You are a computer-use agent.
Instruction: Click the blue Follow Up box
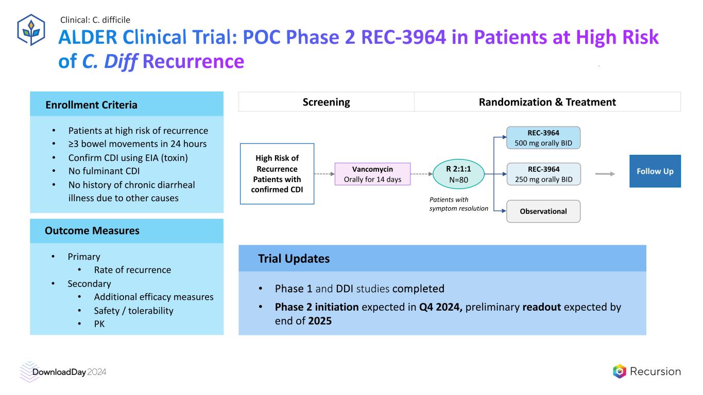655,171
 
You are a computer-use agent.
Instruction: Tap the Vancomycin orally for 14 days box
372,174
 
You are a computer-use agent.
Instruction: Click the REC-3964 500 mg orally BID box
543,138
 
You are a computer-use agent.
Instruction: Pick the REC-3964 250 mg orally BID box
543,174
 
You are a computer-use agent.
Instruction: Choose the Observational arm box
543,211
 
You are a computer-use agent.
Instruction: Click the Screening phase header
326,102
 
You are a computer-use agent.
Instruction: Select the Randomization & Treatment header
547,102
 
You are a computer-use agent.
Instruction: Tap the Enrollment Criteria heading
92,105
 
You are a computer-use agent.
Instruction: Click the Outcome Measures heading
92,230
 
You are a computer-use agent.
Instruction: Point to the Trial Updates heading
294,259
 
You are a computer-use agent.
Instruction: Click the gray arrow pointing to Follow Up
605,174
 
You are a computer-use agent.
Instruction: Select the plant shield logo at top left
31,30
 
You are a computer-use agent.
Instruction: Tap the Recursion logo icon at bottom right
619,371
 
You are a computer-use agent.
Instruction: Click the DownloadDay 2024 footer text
70,372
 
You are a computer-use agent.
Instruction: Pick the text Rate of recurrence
132,270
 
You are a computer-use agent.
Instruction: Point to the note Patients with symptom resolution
458,204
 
